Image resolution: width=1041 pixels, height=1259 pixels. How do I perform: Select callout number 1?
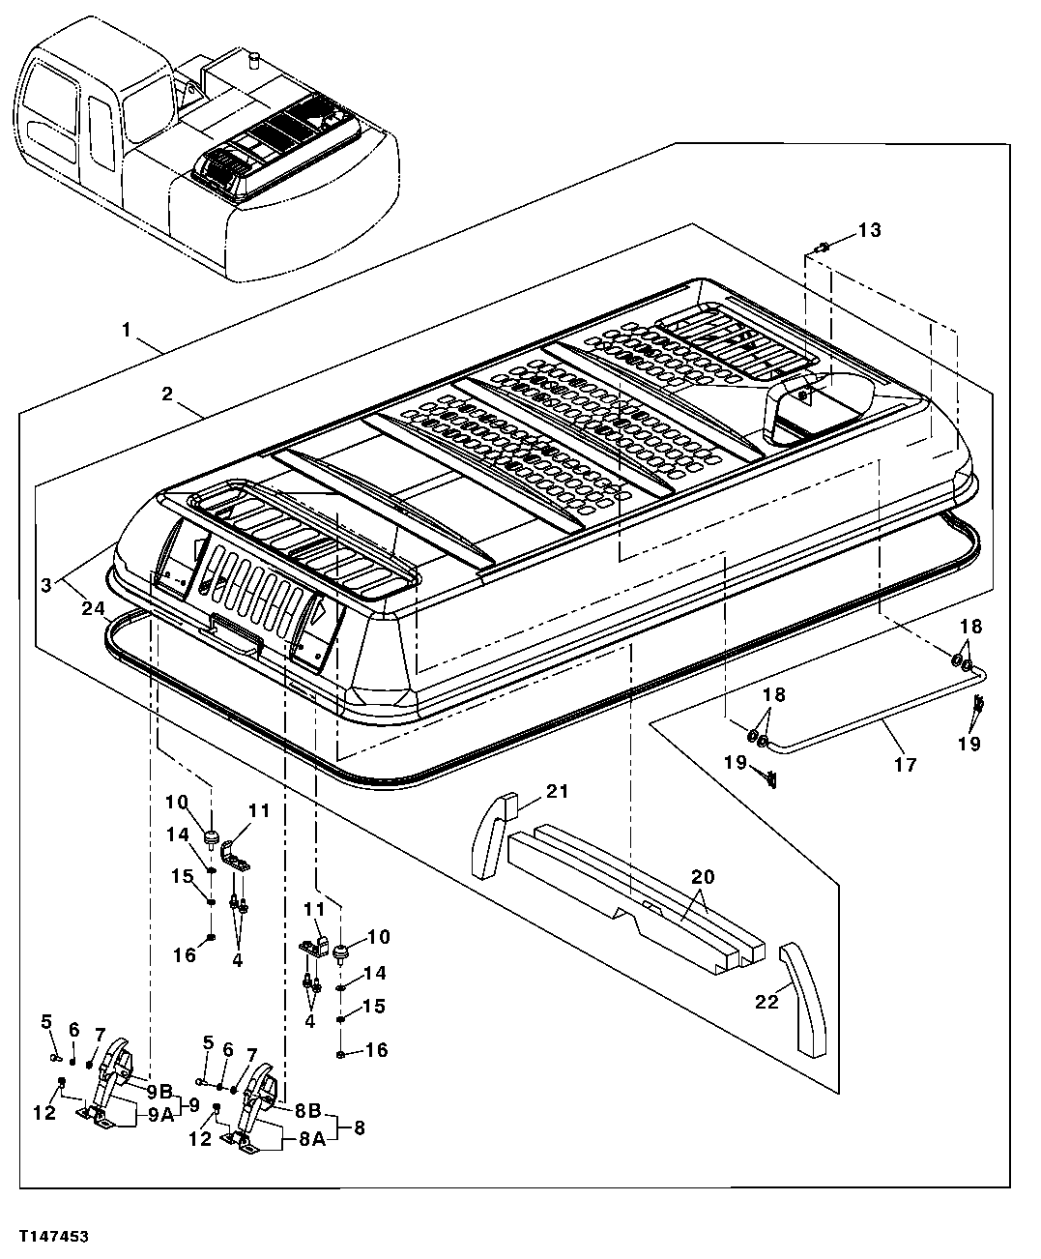(127, 330)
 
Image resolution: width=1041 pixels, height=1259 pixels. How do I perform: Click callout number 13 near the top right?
(869, 230)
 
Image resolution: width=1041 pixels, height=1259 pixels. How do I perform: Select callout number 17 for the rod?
(904, 764)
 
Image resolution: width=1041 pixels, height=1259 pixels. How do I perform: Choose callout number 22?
(766, 1002)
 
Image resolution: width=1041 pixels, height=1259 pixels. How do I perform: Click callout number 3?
(45, 586)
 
